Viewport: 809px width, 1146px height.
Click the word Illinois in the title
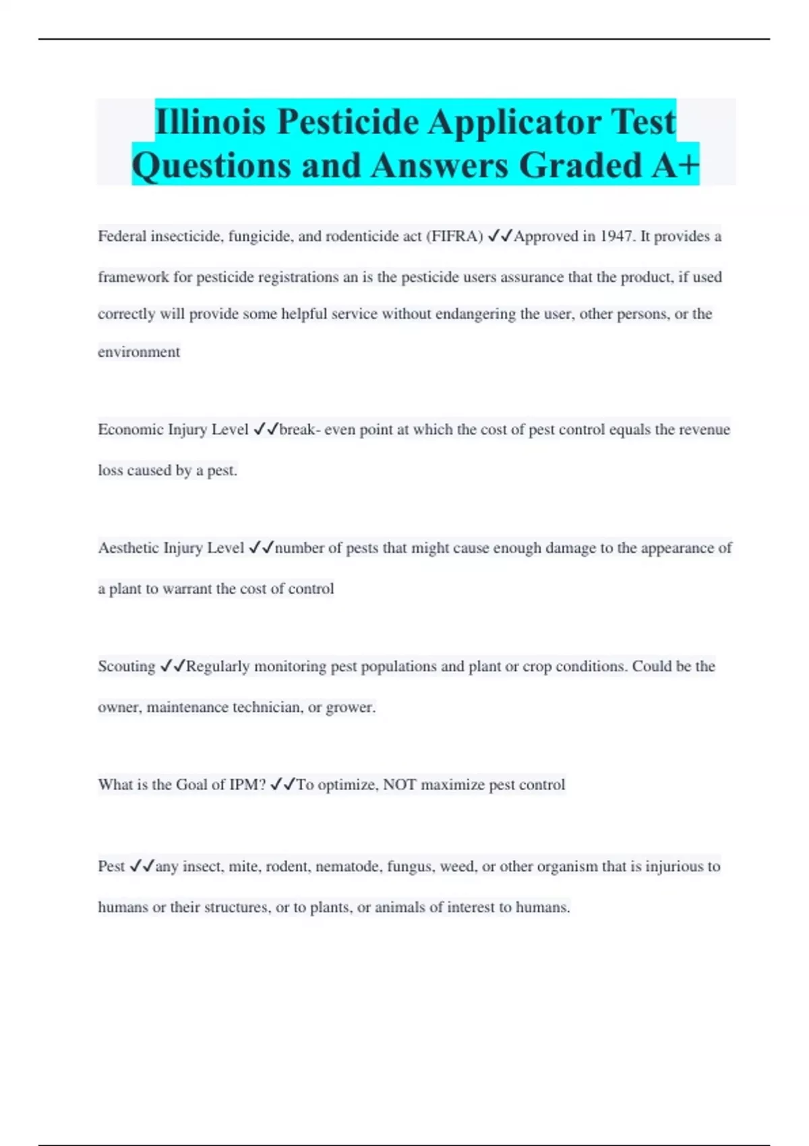[x=210, y=122]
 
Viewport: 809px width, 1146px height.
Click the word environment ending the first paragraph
[x=139, y=352]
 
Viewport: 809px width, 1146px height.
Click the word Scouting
[x=126, y=667]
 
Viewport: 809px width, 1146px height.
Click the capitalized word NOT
[x=400, y=785]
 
